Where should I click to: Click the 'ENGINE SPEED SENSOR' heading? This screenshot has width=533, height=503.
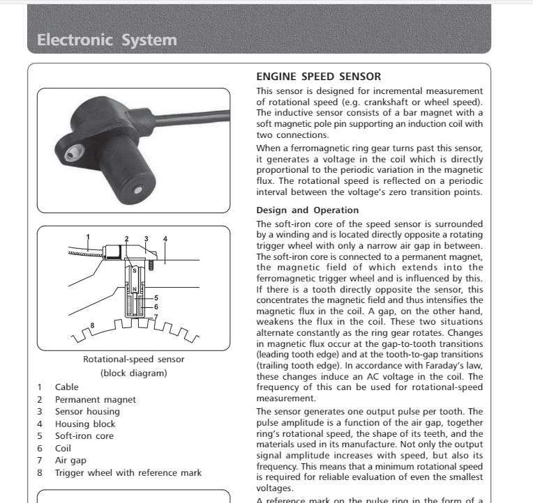click(x=319, y=77)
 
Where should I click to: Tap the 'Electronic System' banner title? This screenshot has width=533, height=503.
click(x=107, y=40)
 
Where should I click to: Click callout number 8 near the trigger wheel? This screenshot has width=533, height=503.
click(x=92, y=325)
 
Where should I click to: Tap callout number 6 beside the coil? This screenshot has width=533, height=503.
click(x=156, y=307)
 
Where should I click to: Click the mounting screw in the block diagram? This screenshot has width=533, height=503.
click(x=149, y=265)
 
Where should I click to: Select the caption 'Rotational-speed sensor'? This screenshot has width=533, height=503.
click(x=134, y=359)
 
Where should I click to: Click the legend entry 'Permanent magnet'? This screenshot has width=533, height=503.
click(x=96, y=400)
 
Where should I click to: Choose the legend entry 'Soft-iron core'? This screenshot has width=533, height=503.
click(x=88, y=436)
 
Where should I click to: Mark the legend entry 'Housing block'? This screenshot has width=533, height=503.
click(x=85, y=424)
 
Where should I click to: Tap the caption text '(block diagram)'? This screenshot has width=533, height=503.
click(x=134, y=373)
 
